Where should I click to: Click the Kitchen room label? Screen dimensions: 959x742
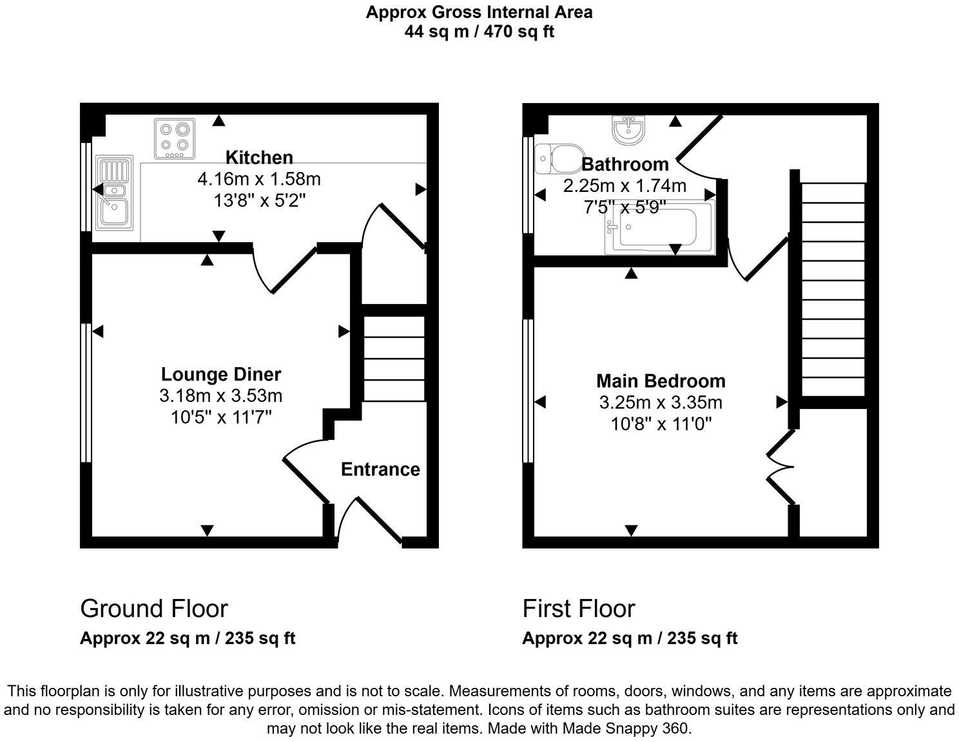click(x=259, y=157)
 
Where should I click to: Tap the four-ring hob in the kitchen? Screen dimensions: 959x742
click(x=175, y=138)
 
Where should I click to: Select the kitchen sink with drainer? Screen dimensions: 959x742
click(x=113, y=193)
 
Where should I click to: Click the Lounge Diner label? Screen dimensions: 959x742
click(x=220, y=374)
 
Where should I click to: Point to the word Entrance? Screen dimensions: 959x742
click(x=380, y=470)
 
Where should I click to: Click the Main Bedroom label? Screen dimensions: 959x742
click(x=661, y=381)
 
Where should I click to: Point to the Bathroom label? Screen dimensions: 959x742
click(x=625, y=164)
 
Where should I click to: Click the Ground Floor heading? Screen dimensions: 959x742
click(x=153, y=609)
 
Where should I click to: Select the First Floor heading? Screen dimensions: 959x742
click(x=578, y=609)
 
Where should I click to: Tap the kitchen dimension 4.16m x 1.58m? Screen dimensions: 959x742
click(x=259, y=178)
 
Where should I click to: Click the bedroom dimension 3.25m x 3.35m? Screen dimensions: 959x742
click(x=661, y=403)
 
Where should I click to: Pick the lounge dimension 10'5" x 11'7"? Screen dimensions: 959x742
click(x=220, y=417)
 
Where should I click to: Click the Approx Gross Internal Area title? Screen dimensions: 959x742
click(x=479, y=12)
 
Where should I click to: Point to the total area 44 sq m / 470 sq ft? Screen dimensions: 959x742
click(x=479, y=31)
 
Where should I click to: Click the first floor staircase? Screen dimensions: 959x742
click(x=832, y=290)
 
